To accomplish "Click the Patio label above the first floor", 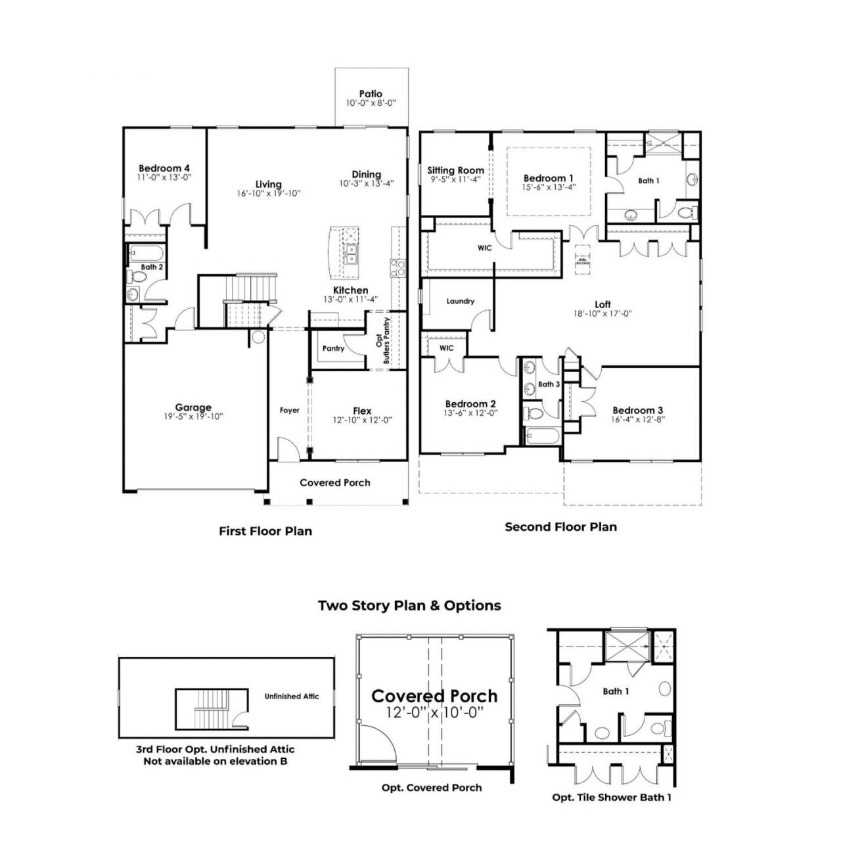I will pos(371,94).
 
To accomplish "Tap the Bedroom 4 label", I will pos(164,168).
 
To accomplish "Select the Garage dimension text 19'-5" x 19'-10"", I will pos(193,416).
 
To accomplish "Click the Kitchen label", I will pos(350,290).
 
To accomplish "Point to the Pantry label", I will pos(333,348).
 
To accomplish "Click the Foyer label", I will pos(289,410).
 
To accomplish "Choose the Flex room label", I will pos(362,411).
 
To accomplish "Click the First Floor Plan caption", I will pos(265,531).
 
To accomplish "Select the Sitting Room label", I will pos(455,170).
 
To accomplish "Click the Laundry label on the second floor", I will pos(460,301).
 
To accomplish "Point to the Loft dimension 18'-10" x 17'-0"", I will pos(602,313).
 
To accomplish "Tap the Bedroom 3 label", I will pos(637,410).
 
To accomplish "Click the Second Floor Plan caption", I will pos(560,526).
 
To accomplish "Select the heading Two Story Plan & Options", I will pos(409,605).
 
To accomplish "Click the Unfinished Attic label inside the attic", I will pos(292,696).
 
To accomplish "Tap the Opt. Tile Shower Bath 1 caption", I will pos(612,797).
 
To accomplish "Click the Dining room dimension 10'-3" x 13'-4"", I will pos(366,183).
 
